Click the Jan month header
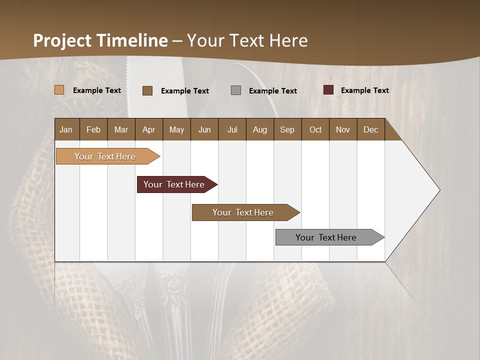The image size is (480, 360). (x=66, y=130)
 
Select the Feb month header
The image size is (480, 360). (x=93, y=130)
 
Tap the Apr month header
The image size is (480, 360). (x=149, y=130)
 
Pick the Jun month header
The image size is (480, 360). (x=204, y=130)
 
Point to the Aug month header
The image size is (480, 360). (x=260, y=130)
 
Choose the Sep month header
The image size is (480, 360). (x=287, y=130)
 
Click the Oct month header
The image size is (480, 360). (x=315, y=130)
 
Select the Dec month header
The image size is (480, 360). (x=371, y=130)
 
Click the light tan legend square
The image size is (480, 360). (x=59, y=90)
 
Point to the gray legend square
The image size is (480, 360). (x=236, y=90)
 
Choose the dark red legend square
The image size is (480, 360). (x=328, y=90)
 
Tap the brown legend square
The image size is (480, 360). (x=147, y=90)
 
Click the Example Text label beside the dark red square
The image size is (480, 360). (x=365, y=90)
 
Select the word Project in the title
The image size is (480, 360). (x=62, y=40)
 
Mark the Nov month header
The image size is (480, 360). (x=343, y=130)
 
